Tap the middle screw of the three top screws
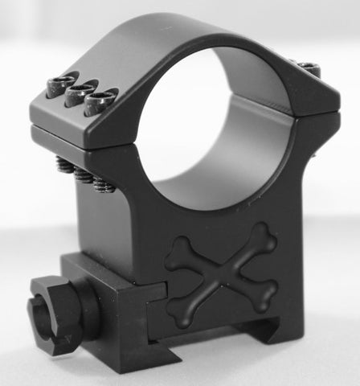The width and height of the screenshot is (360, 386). tap(80, 92)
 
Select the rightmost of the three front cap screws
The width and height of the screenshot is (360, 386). tap(101, 100)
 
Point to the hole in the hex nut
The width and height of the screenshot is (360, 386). tap(39, 314)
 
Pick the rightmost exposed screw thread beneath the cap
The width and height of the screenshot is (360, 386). tap(104, 185)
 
